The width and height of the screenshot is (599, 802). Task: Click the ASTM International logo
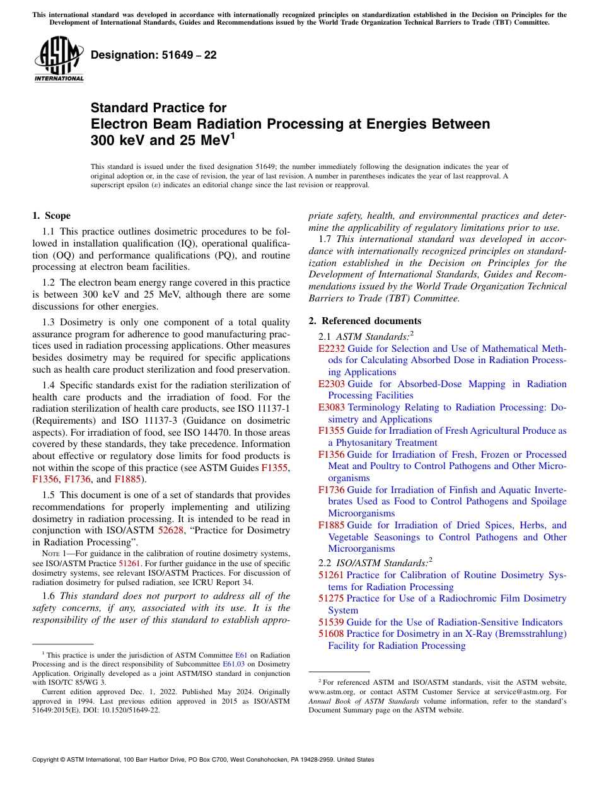58,59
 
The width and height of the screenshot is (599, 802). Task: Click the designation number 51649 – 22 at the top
153,55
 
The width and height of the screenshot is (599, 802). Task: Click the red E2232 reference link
332,349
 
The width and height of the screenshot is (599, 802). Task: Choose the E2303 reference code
332,384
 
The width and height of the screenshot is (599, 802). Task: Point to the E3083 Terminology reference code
332,407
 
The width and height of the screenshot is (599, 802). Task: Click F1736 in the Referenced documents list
331,490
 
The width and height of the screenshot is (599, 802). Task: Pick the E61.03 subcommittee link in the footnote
234,664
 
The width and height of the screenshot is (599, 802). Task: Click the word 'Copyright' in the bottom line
48,760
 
